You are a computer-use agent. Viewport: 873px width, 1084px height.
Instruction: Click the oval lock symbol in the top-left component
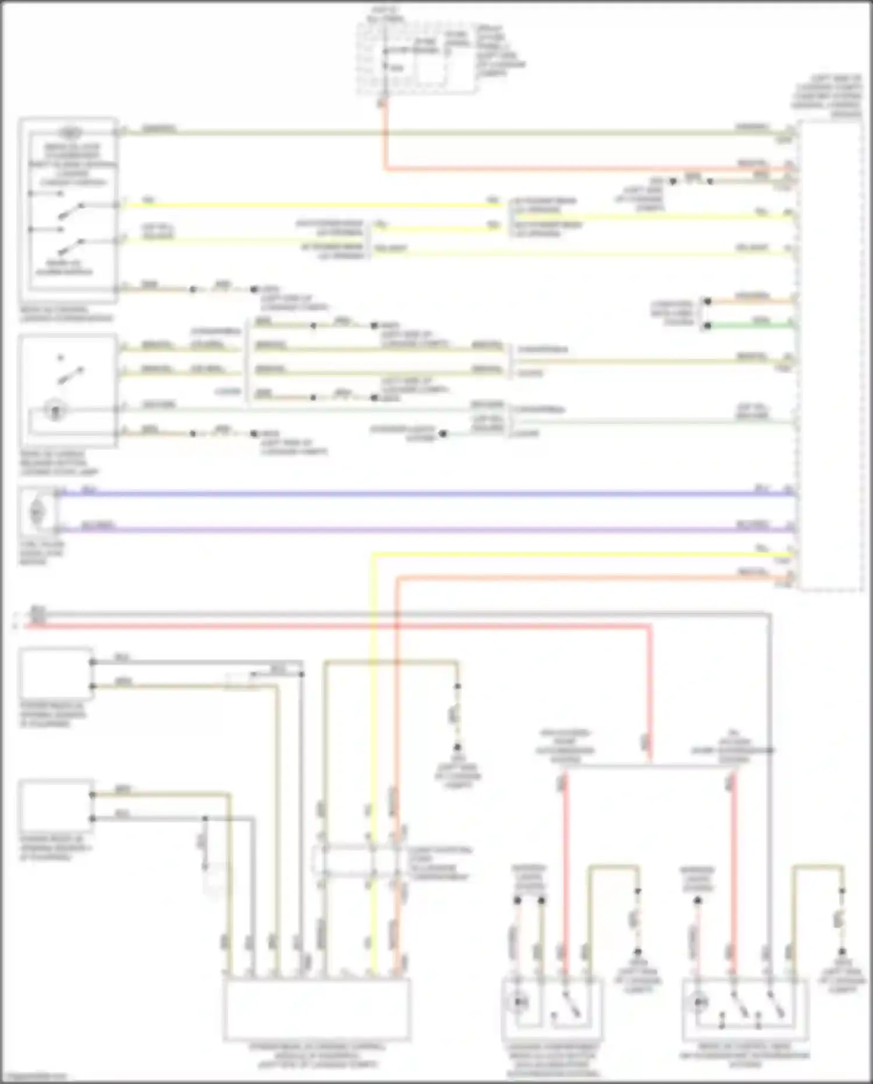[69, 132]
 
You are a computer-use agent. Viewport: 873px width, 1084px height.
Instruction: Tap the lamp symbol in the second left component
[55, 411]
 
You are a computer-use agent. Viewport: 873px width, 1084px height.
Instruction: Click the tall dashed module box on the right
[829, 355]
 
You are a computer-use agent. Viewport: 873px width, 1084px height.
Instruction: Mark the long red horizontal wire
[349, 626]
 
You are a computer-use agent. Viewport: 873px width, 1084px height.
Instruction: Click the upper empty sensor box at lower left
[56, 673]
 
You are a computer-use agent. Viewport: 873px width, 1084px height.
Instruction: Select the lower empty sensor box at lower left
[56, 806]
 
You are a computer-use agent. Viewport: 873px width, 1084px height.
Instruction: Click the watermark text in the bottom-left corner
[33, 1076]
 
